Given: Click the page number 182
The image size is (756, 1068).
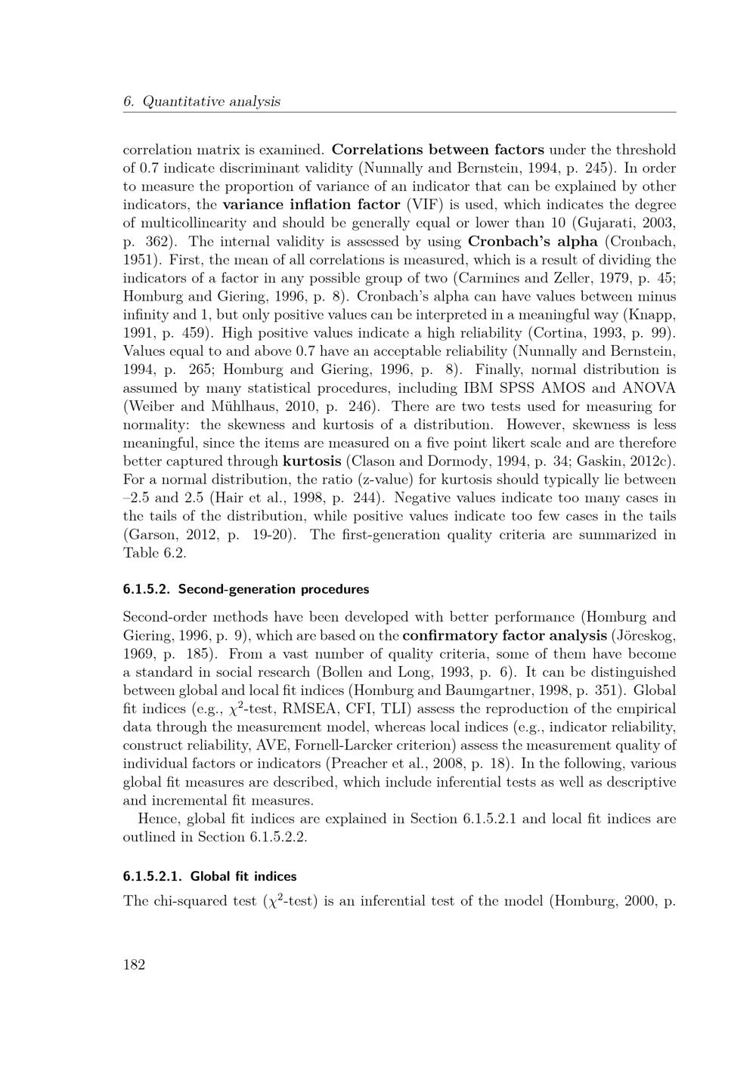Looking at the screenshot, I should point(134,965).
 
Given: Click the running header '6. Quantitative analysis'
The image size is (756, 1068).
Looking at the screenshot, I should point(201,101).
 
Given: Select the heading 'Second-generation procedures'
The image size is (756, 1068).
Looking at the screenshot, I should point(274,589).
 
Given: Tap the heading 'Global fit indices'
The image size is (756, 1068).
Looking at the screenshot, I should point(243,877).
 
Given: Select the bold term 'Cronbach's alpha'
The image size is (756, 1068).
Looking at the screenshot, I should point(533,242).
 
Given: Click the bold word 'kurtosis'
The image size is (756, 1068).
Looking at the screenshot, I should point(311,461).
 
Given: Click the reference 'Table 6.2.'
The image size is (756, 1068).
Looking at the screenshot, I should point(155,553).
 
